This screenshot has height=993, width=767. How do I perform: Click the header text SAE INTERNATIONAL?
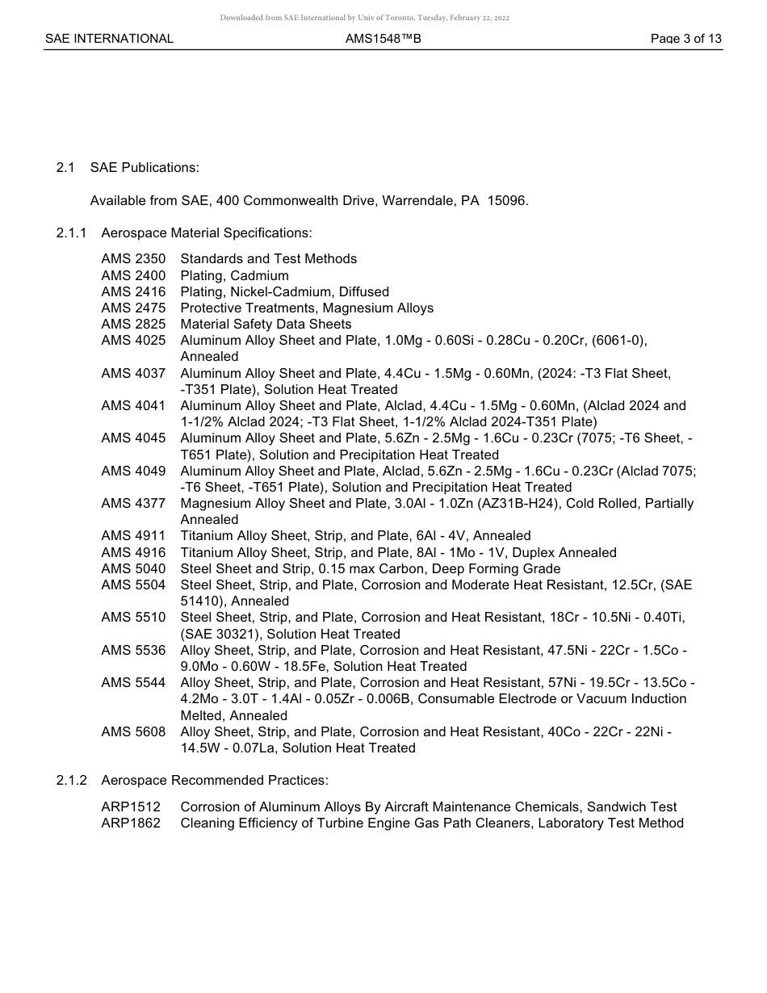tap(109, 39)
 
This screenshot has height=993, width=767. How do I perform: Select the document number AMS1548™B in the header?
tap(383, 39)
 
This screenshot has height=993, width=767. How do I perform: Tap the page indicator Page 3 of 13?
tap(685, 39)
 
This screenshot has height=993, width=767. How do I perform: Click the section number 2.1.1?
tap(71, 233)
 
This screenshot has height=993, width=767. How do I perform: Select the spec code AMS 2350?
tap(133, 259)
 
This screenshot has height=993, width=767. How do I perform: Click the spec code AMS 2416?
tap(133, 291)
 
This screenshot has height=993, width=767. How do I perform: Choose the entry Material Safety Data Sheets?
tap(266, 325)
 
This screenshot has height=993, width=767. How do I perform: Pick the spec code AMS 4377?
tap(133, 504)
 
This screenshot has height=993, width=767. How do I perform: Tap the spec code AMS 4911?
tap(133, 536)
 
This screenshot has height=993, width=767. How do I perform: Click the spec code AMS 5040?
tap(133, 569)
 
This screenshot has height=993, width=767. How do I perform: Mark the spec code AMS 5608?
tap(133, 731)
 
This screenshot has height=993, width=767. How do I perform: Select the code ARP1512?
tap(131, 807)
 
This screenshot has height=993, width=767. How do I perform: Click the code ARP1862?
tap(131, 823)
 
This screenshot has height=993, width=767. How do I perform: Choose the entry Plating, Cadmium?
tap(234, 276)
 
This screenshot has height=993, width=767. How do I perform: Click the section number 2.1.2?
tap(71, 781)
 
